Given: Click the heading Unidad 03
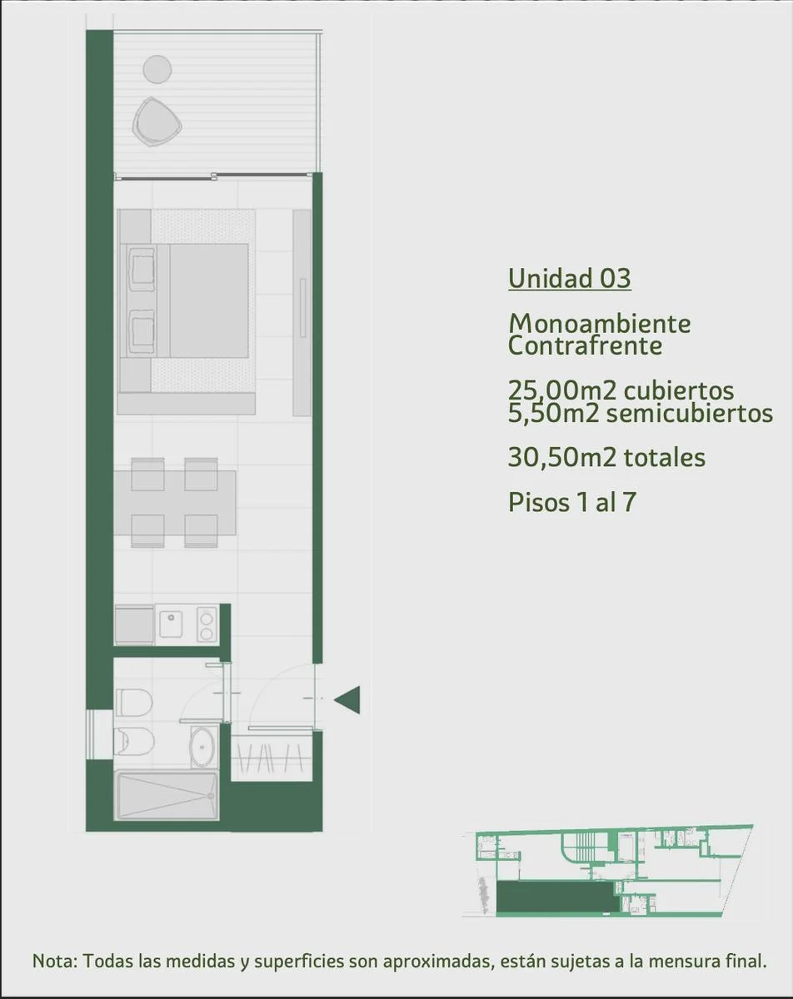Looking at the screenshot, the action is point(570,278).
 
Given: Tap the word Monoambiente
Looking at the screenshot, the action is point(600,323).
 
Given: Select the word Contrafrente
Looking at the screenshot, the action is point(586,345).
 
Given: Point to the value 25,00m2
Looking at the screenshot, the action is point(562,390).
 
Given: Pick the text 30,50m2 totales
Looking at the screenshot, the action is point(606,457).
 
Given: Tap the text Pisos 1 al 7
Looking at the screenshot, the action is point(572,502).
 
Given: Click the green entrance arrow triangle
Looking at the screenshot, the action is point(347,700).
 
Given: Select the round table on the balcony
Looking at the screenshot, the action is point(157,70).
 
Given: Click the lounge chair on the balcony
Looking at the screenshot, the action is point(157,122).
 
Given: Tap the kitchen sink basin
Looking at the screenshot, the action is point(171,624).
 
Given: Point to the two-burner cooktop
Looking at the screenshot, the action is point(207,625).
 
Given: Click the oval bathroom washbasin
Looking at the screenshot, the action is point(204,747).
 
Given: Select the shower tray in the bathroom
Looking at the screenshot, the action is point(167,796).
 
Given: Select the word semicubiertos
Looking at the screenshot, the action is point(690,413).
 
